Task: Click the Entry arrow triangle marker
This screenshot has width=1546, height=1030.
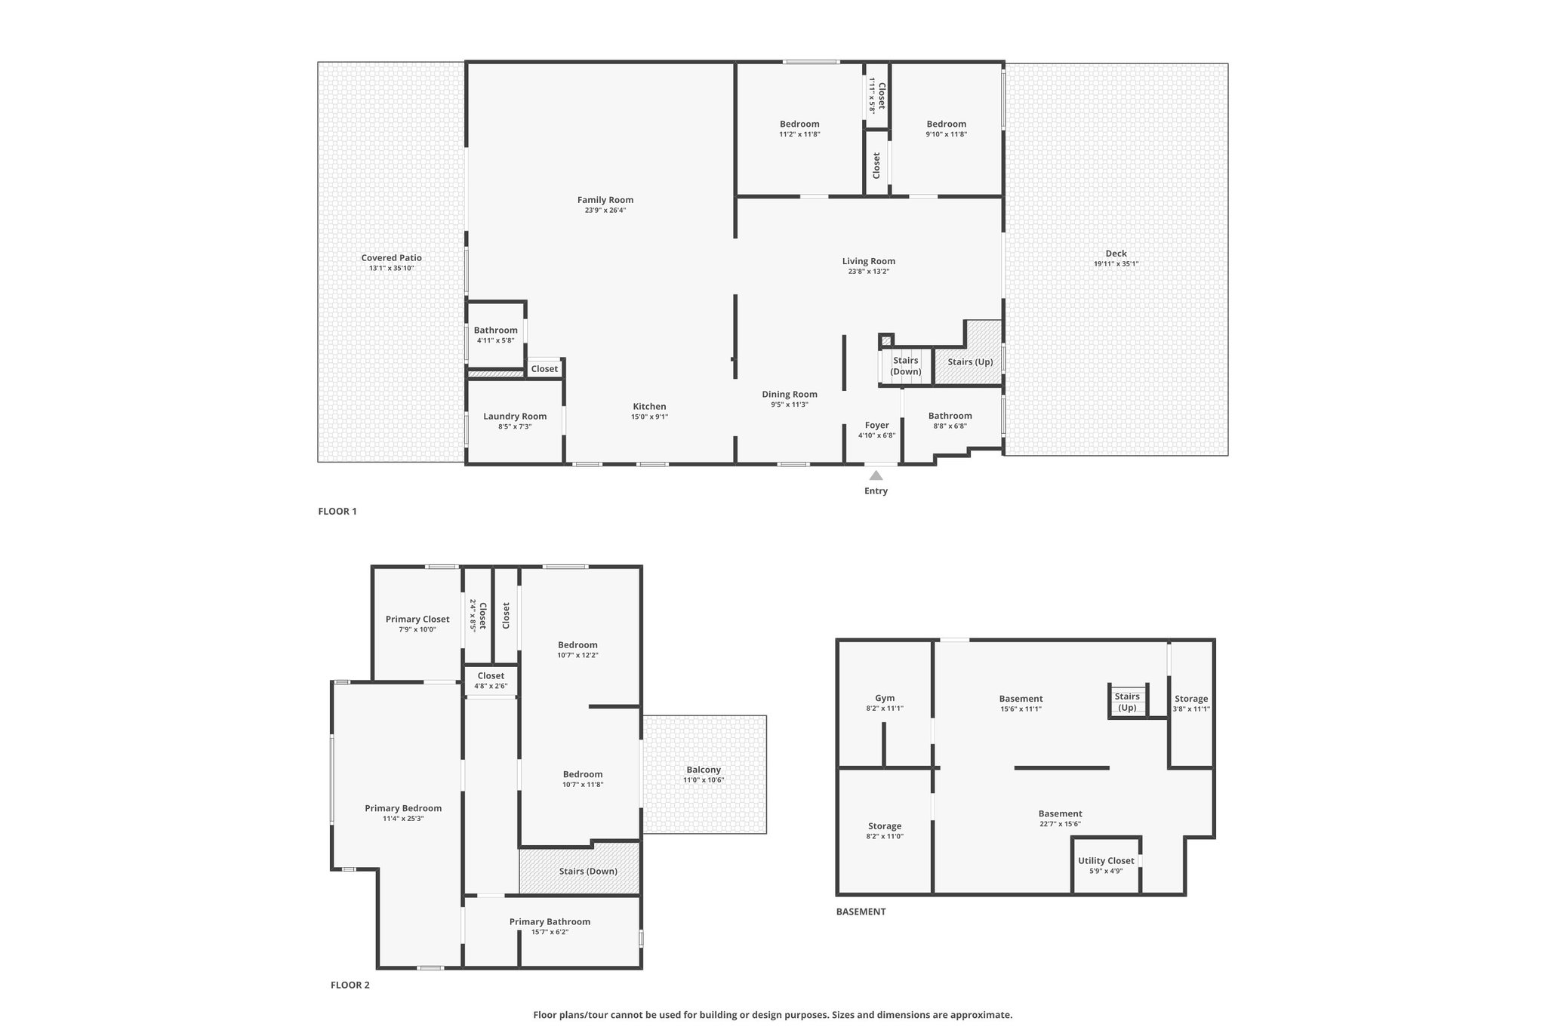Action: pos(876,475)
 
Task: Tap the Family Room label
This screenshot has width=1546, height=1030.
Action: pos(605,200)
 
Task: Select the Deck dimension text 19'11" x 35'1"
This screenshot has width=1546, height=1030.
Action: pos(1116,264)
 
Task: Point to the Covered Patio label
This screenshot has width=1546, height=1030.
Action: pos(391,258)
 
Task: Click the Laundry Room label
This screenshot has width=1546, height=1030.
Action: pos(515,417)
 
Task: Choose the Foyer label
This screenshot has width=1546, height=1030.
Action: pos(876,426)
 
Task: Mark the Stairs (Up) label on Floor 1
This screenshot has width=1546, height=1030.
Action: pos(970,362)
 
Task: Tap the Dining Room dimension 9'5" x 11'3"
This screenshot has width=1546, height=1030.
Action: pos(790,404)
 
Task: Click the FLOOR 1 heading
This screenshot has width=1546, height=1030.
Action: pos(337,511)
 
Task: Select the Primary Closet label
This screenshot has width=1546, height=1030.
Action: pos(417,620)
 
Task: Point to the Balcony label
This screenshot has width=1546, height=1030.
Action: pos(704,770)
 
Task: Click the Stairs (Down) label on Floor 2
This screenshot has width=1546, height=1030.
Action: pos(588,872)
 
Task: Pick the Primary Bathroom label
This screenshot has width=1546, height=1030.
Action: pos(550,921)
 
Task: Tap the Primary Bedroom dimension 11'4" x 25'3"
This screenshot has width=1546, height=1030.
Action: pos(403,818)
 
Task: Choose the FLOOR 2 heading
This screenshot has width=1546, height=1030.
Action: pos(350,985)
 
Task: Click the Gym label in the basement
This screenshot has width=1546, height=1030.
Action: pos(885,698)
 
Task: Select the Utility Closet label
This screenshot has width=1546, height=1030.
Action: pos(1106,860)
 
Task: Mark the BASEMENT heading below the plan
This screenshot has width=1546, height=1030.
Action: pos(861,912)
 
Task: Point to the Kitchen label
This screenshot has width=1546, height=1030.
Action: pos(649,407)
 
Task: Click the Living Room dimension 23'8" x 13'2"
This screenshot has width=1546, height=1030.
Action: pos(869,272)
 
